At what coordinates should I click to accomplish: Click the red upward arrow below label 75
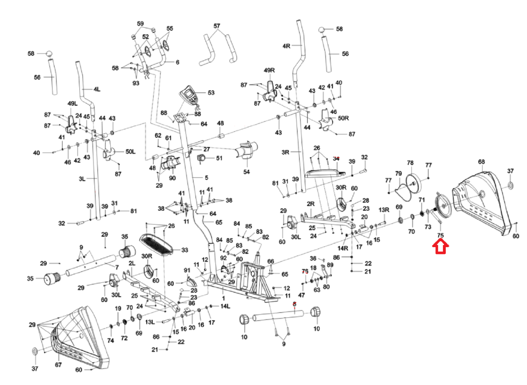441,246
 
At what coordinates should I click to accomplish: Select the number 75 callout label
441,235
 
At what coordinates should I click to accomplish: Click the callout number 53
211,93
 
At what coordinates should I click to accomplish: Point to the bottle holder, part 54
248,150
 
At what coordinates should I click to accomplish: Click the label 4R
286,46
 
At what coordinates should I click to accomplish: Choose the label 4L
97,89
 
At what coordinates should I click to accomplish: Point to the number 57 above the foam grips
217,26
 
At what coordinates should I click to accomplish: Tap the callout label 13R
384,210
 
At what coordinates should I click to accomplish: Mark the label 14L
225,306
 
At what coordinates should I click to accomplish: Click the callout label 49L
72,104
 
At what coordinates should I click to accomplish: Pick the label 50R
343,118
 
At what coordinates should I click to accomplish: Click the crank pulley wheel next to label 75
443,206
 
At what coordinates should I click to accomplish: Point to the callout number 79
398,174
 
